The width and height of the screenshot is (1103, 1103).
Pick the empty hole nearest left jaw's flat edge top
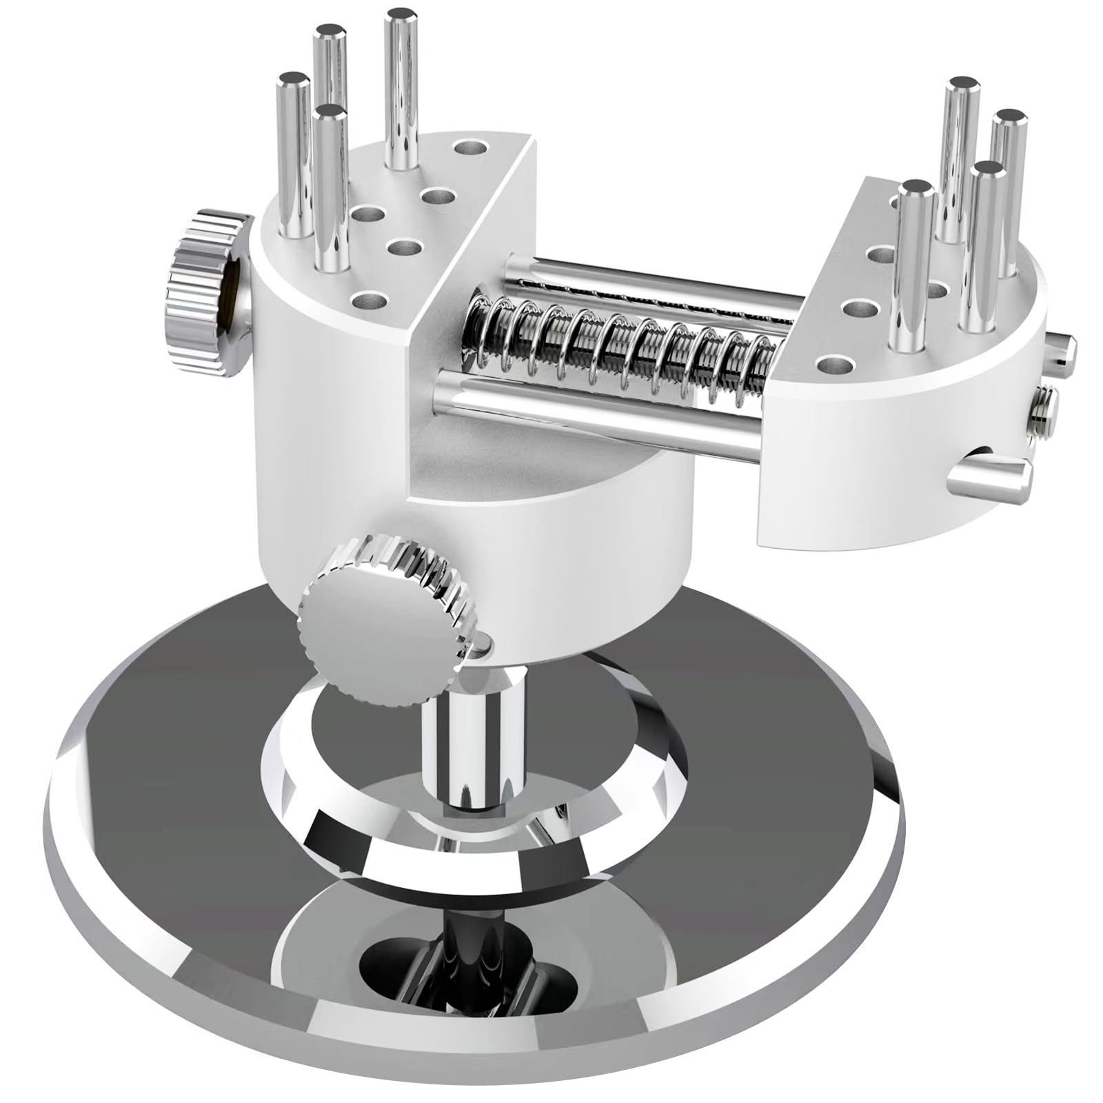[470, 147]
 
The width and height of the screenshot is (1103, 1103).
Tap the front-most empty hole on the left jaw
[370, 301]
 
